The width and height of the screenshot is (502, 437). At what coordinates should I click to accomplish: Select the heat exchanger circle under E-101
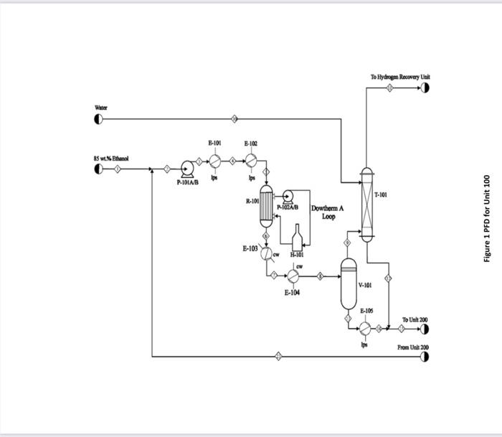click(x=214, y=161)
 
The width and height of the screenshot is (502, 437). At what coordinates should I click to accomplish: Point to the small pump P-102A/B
click(x=289, y=194)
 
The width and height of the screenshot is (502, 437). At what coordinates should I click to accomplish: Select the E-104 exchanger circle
click(x=293, y=276)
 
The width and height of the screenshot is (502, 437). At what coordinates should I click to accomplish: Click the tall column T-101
click(x=366, y=205)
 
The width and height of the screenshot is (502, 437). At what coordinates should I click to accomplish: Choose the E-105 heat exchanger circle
click(x=365, y=328)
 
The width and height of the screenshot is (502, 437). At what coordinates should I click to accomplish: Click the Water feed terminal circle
click(x=98, y=118)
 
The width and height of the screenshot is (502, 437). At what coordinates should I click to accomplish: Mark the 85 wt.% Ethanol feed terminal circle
click(x=98, y=169)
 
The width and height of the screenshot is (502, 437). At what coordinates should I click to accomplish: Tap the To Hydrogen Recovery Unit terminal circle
click(x=425, y=88)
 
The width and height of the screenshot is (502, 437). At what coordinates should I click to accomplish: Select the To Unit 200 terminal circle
click(x=425, y=329)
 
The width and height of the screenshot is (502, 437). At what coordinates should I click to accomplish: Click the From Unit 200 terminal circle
click(x=425, y=356)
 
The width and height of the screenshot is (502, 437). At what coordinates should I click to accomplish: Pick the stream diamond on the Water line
click(x=235, y=118)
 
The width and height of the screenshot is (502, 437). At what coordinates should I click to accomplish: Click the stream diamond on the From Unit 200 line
click(x=279, y=356)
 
